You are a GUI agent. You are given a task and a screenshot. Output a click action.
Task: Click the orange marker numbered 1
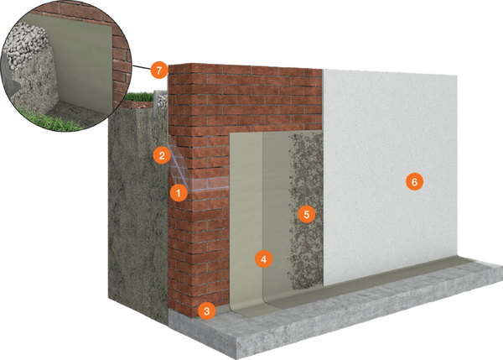[x=177, y=192]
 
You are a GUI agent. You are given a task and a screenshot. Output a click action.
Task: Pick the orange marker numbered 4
[x=263, y=258]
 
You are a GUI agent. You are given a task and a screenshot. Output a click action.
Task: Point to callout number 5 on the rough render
[x=306, y=214]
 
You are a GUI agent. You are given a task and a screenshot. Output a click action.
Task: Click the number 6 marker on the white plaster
[x=412, y=181]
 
